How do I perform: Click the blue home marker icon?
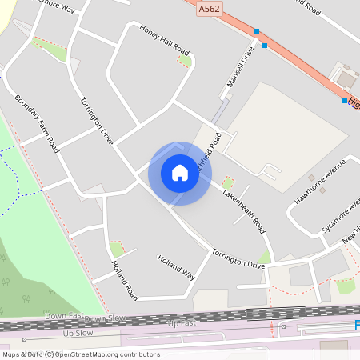coord(180,173)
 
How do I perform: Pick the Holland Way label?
coord(176,266)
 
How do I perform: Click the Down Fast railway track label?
coord(63,317)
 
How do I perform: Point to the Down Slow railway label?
coord(106,318)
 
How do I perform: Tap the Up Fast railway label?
coord(182,322)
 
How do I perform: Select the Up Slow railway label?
coord(78,332)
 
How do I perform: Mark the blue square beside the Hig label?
coord(345,102)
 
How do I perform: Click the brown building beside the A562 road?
coord(346,78)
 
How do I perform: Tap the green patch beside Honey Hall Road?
coord(185,61)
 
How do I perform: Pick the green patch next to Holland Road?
coord(117,248)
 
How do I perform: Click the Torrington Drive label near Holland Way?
coord(238,258)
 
